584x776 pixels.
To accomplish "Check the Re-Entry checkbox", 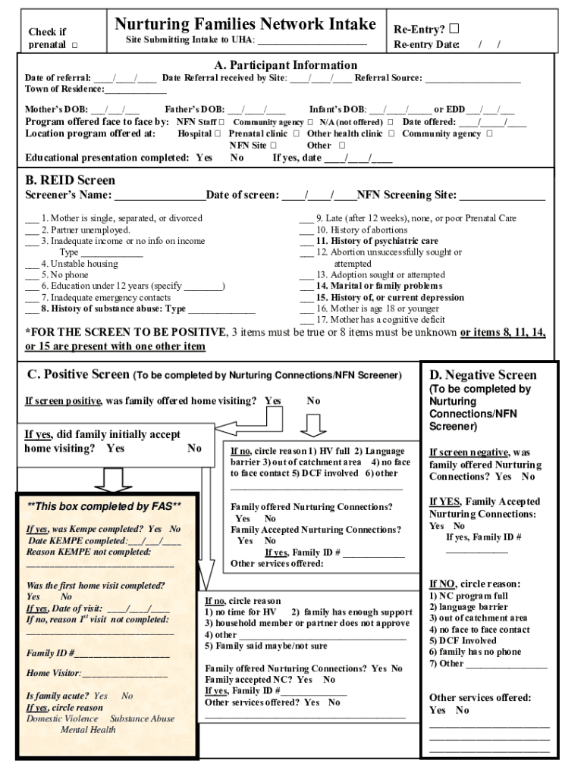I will coord(454,30).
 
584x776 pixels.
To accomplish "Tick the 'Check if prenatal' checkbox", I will coord(75,45).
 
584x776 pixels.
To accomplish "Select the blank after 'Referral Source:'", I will coord(473,78).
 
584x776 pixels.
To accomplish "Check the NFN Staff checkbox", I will coord(222,122).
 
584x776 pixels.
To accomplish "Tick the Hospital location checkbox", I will coord(218,133).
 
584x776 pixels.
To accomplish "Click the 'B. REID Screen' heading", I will coord(70,180).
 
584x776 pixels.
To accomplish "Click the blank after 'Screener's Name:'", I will coord(159,196).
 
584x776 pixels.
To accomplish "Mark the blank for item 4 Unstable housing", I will coord(32,264).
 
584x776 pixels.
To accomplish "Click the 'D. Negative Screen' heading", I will coord(482,375).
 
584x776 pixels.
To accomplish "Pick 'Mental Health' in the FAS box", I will coord(88,730).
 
